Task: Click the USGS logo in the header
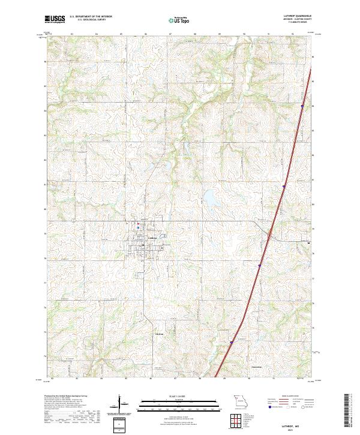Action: point(55,19)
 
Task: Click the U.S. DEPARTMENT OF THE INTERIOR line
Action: point(91,16)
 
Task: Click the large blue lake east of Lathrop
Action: point(211,197)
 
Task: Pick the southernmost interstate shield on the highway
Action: point(231,343)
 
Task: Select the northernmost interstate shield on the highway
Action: point(302,106)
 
